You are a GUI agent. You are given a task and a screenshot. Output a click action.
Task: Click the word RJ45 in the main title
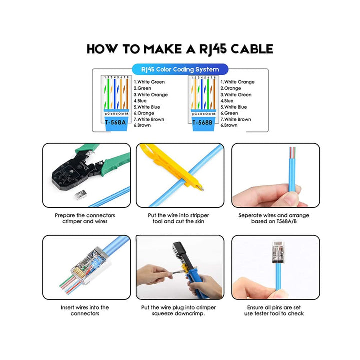(x=210, y=49)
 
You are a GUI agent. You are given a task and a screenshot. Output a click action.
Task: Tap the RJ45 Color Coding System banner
(x=179, y=69)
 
